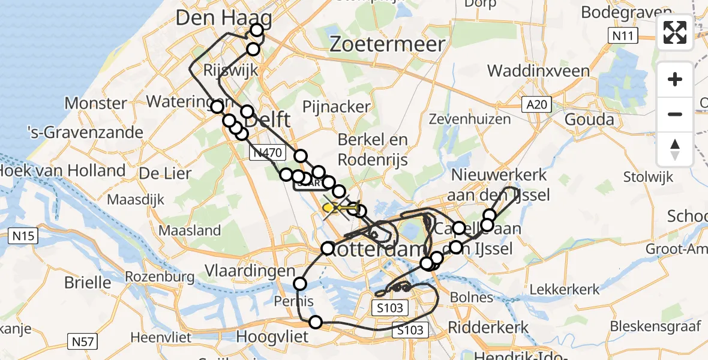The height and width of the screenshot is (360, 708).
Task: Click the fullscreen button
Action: click(x=675, y=32)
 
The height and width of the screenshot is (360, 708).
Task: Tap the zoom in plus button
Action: click(x=675, y=80)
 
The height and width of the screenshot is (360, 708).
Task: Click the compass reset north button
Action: click(x=675, y=149)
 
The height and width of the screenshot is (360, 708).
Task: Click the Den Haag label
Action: click(x=223, y=19)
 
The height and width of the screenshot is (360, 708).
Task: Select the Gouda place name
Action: click(x=590, y=119)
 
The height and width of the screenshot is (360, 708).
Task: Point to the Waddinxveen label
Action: click(x=538, y=71)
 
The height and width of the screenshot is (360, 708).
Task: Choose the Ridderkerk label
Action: click(x=489, y=327)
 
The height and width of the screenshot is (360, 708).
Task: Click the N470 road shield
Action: click(x=266, y=154)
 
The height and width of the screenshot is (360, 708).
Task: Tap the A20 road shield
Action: click(x=535, y=105)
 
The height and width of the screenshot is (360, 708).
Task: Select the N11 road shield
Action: click(x=622, y=36)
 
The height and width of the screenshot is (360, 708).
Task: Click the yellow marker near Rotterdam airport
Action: click(x=329, y=208)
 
